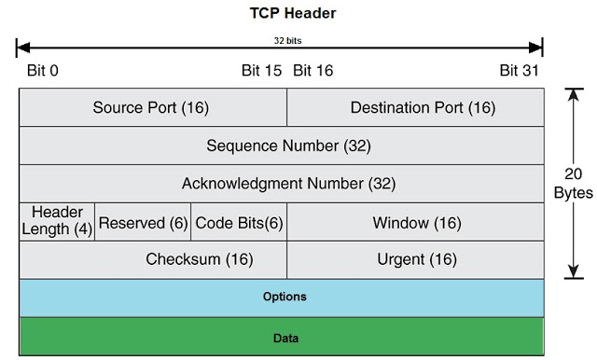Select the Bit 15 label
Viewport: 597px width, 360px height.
tap(262, 70)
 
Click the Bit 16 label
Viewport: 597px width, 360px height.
tap(312, 70)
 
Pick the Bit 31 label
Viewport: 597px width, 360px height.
tap(521, 70)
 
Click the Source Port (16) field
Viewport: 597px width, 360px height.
tap(151, 107)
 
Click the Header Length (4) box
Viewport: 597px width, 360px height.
tap(57, 222)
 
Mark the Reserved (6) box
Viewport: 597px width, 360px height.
tap(143, 222)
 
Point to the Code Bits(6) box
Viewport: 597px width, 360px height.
tap(238, 222)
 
